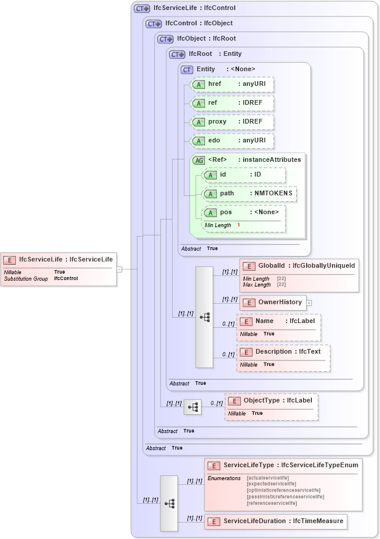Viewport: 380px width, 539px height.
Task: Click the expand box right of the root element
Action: [x=119, y=269]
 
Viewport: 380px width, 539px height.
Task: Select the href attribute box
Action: [x=233, y=85]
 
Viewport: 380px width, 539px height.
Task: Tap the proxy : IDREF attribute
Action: [x=233, y=122]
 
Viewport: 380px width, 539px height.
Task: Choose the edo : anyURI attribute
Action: [x=233, y=141]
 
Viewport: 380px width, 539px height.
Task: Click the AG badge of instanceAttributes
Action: [x=199, y=160]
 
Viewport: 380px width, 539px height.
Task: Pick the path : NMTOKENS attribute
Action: [x=250, y=193]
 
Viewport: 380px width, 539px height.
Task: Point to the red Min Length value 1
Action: [x=239, y=225]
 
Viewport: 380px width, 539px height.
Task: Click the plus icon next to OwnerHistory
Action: [x=309, y=302]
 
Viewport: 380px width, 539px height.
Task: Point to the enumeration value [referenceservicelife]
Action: [x=272, y=503]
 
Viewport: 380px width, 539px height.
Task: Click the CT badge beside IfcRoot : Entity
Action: [x=177, y=54]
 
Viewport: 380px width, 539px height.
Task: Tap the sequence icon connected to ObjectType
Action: [x=193, y=407]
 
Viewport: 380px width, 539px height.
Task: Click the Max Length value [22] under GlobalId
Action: [x=281, y=285]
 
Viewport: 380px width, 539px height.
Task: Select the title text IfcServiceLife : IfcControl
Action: [x=194, y=8]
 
